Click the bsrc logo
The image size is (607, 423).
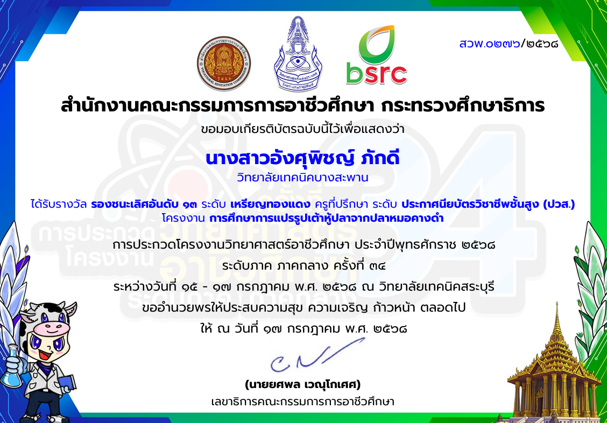[x=376, y=55]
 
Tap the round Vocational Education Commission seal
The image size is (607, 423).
[x=224, y=64]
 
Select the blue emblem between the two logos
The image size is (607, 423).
[x=298, y=54]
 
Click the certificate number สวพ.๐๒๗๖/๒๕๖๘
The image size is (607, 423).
[x=509, y=44]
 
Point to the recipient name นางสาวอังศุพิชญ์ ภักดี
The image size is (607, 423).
[x=302, y=158]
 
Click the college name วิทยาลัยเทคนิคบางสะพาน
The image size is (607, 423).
[x=302, y=178]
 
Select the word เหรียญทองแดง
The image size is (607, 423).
[x=270, y=204]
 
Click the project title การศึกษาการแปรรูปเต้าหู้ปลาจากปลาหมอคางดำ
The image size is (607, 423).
[x=326, y=218]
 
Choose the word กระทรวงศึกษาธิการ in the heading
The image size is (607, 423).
[x=463, y=105]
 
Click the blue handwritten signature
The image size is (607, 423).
[x=317, y=355]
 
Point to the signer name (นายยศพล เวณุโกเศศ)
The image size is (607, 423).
[x=303, y=384]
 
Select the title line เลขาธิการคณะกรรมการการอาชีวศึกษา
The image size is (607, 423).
[x=303, y=401]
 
